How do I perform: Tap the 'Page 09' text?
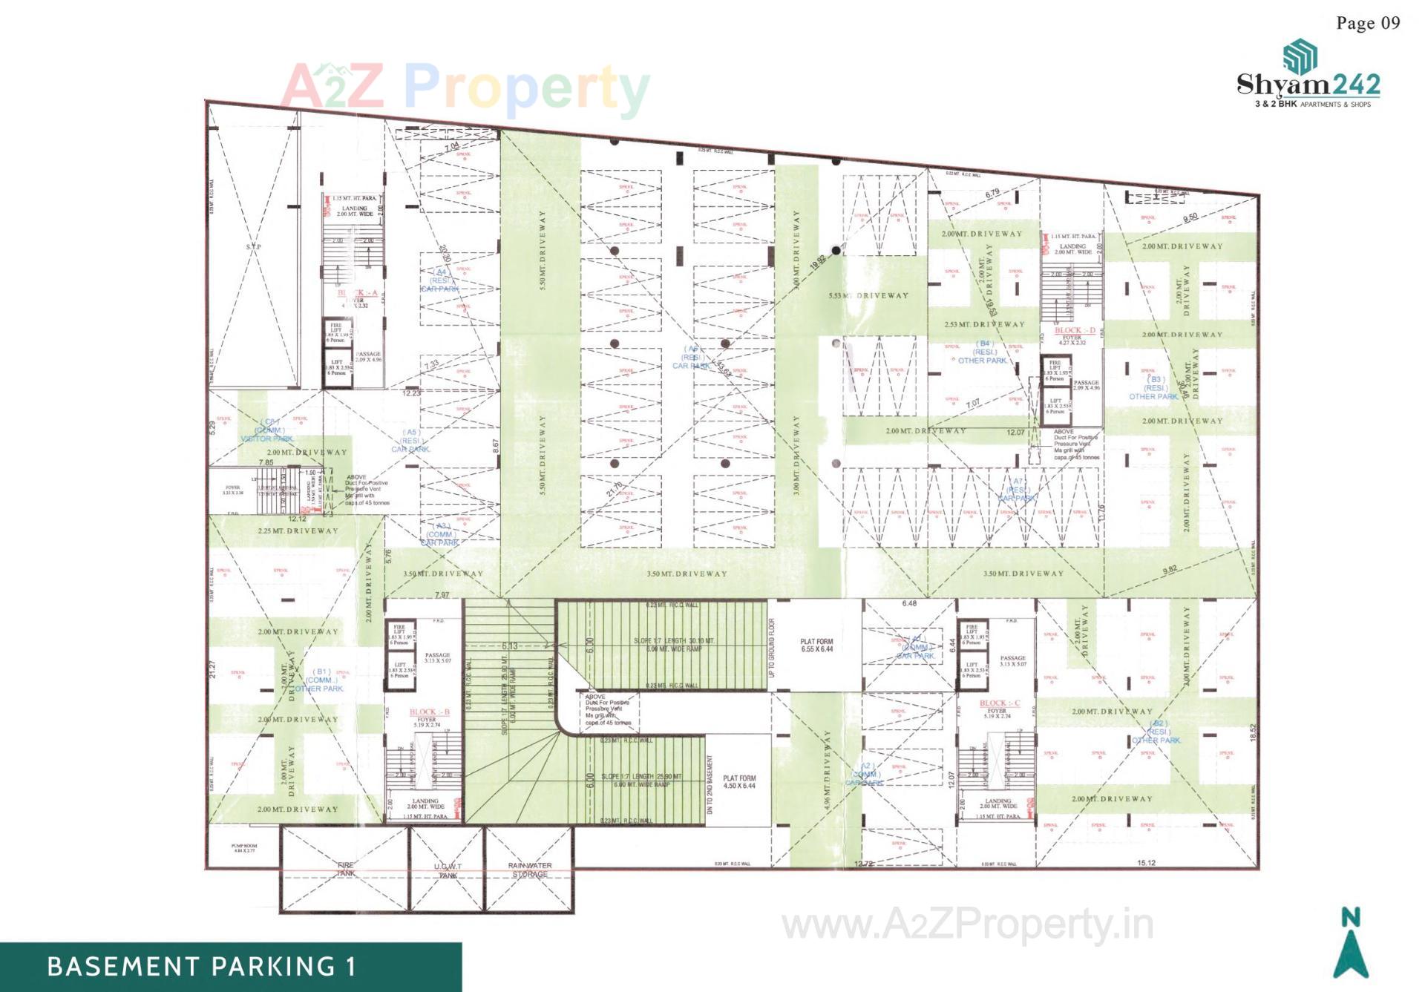click(x=1368, y=23)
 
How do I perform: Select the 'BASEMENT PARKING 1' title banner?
click(x=202, y=967)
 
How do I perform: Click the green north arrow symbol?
click(x=1351, y=953)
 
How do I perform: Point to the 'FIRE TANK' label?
click(x=346, y=870)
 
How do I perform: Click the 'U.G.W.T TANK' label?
click(x=448, y=870)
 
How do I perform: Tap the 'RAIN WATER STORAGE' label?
click(x=530, y=870)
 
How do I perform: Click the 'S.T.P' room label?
click(x=253, y=246)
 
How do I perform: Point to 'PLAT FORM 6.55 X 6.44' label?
click(x=816, y=646)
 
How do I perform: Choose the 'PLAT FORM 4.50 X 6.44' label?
click(x=739, y=782)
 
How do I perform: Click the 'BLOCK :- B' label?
click(x=430, y=712)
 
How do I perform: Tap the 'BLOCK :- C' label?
click(x=1000, y=703)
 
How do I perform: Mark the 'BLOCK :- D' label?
click(x=1075, y=330)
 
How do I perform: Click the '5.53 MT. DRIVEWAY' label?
click(x=868, y=295)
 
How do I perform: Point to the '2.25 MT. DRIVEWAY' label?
click(x=298, y=531)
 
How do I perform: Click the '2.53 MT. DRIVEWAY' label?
click(x=984, y=324)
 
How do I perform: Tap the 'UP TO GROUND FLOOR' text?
click(x=772, y=648)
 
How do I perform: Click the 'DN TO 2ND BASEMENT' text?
click(x=710, y=785)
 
